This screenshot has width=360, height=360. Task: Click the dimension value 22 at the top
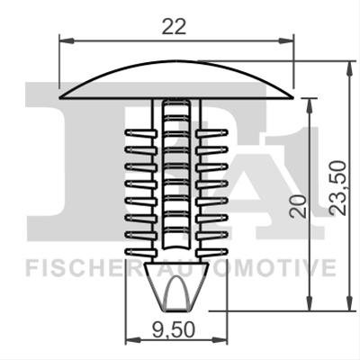[174, 26]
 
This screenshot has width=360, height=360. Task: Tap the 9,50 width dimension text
[173, 329]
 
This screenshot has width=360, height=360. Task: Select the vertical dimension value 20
[298, 206]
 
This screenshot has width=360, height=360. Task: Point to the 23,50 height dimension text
[337, 188]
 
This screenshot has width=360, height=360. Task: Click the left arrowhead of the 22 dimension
[67, 40]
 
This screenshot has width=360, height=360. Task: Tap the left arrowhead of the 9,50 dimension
[132, 340]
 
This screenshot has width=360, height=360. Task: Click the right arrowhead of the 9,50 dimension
[220, 340]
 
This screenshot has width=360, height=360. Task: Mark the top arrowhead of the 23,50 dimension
[349, 67]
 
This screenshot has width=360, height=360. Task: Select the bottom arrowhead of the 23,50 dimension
[349, 303]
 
